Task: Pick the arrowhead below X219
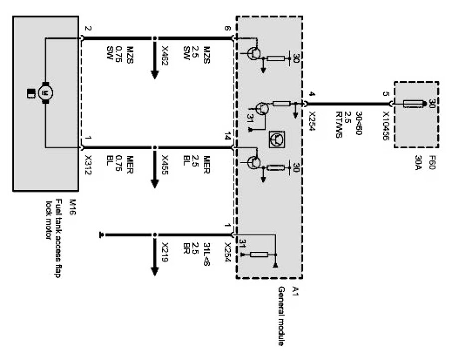(154, 271)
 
